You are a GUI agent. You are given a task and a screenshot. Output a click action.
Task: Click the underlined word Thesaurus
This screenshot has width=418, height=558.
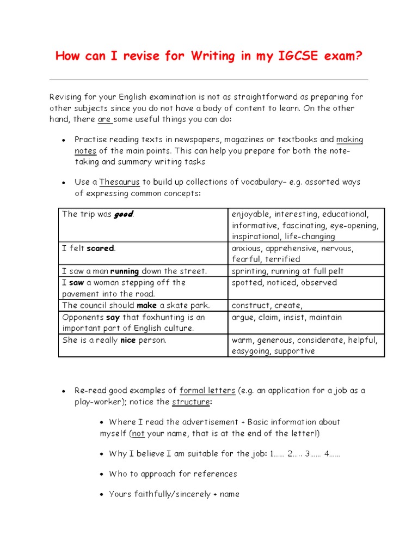[x=119, y=182]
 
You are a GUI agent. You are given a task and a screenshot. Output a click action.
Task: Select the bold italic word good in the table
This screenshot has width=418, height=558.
[x=123, y=214]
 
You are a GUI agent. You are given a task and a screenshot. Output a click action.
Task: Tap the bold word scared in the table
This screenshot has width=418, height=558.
[x=100, y=248]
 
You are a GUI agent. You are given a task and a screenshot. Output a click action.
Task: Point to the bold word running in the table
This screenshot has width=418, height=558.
[x=125, y=271]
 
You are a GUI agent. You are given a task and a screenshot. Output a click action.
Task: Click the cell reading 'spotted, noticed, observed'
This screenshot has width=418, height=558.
[x=284, y=282]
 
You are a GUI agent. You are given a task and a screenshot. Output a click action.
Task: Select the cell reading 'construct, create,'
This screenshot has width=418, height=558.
[x=267, y=305]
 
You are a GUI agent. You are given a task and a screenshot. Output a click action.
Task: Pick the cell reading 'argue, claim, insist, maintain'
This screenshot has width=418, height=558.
[x=286, y=317]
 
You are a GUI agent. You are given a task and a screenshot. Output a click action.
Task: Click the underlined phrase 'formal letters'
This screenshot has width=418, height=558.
[x=207, y=391]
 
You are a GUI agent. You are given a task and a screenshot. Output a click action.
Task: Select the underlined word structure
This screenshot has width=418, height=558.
[x=190, y=402]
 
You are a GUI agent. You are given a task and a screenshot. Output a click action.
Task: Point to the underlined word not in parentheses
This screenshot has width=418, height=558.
[x=138, y=433]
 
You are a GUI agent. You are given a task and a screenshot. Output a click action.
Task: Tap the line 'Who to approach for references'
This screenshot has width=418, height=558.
[x=173, y=474]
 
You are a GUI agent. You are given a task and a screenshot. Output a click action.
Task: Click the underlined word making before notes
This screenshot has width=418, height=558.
[x=349, y=139]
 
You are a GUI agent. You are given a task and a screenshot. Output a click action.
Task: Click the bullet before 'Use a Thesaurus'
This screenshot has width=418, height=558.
[x=64, y=183]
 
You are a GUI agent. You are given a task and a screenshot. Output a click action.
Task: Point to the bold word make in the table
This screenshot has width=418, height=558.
[x=146, y=305]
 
